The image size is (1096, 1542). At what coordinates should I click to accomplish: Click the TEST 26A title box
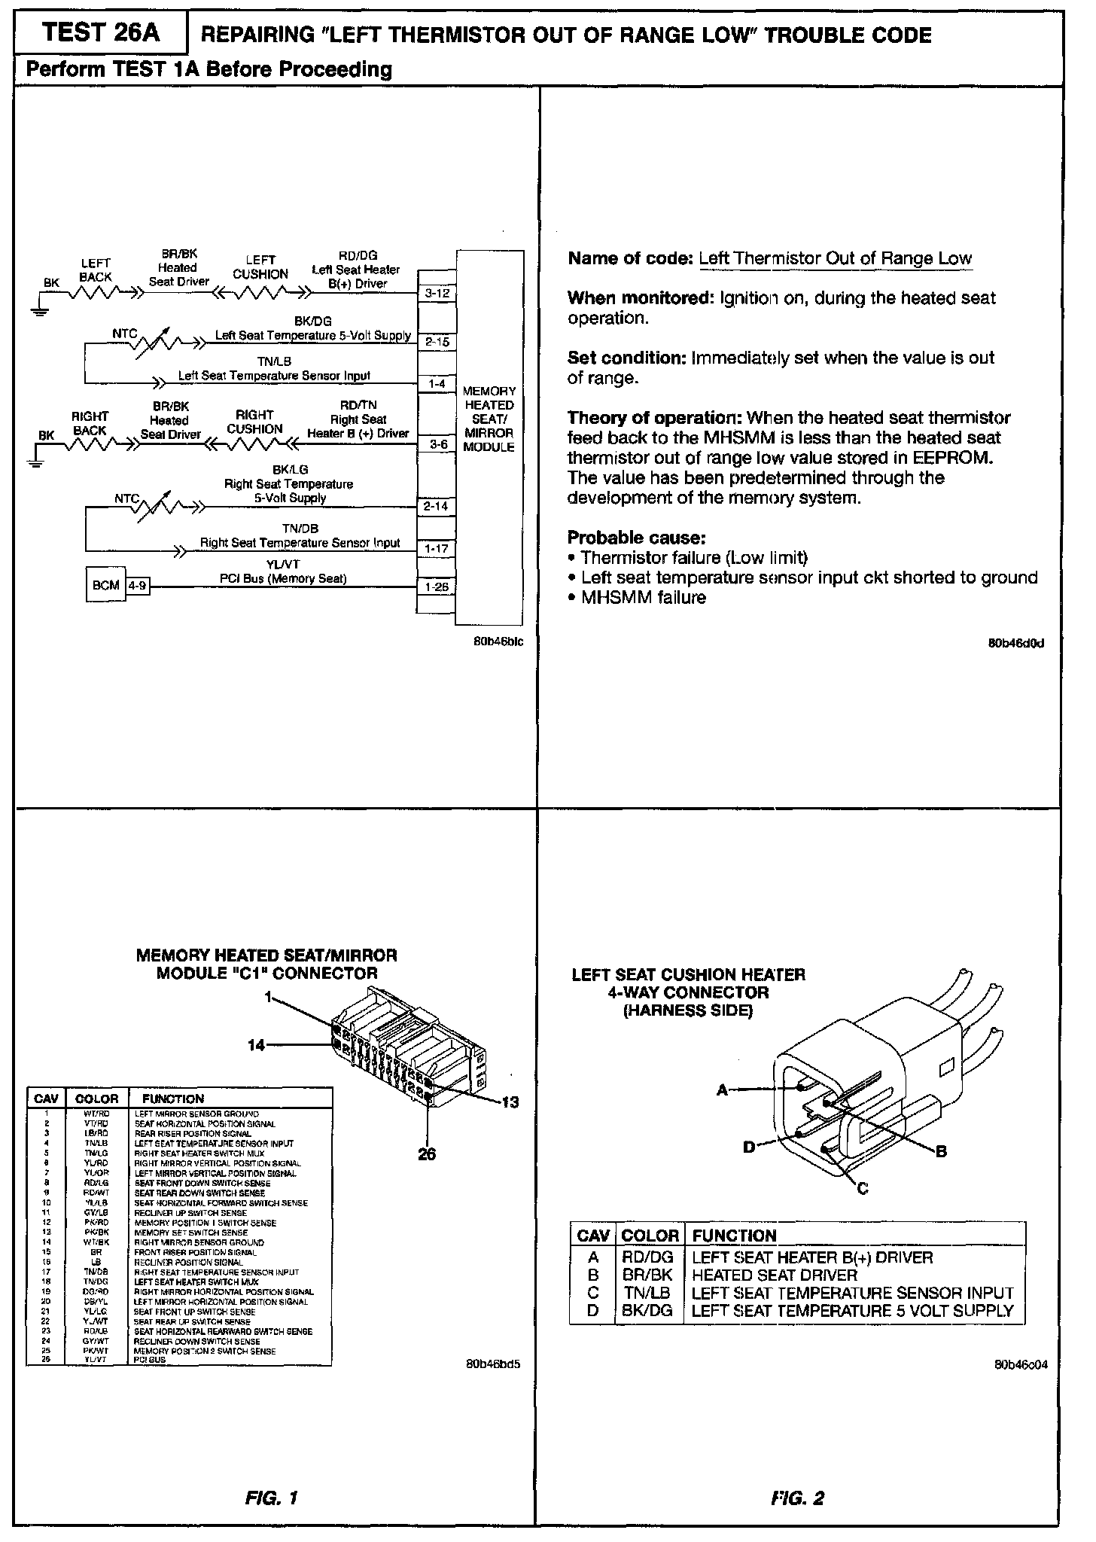[102, 33]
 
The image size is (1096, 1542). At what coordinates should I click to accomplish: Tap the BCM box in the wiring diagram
[105, 586]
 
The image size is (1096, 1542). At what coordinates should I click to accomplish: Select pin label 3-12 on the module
[437, 293]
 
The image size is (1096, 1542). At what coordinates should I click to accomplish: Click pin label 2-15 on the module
[437, 342]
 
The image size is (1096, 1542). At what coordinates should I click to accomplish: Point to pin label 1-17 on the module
[437, 549]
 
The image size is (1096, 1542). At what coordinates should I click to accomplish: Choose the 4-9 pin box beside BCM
[138, 585]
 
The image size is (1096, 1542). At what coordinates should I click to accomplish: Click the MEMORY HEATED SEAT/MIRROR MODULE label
[489, 419]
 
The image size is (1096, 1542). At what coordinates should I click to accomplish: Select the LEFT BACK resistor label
[96, 270]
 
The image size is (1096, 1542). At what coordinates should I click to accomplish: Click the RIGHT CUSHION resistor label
[254, 422]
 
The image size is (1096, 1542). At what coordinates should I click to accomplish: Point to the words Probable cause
[636, 538]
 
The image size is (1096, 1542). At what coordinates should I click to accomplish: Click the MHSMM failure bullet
[643, 598]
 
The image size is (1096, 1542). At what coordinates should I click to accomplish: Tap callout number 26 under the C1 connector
[427, 1154]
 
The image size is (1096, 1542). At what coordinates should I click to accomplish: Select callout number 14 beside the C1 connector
[257, 1045]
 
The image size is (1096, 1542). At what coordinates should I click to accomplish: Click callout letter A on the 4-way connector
[722, 1089]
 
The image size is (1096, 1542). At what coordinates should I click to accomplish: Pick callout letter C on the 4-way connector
[863, 1188]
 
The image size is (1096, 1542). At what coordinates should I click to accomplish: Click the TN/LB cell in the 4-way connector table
[647, 1293]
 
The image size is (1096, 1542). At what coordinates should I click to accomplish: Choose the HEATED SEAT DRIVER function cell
[774, 1275]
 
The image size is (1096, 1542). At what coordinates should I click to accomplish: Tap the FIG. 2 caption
[798, 1498]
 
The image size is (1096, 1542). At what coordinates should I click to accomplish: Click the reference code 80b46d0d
[1016, 644]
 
